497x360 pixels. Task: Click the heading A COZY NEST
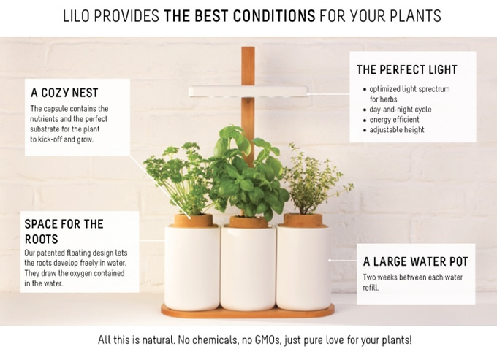coord(64,93)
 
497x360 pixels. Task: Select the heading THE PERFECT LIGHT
coord(407,69)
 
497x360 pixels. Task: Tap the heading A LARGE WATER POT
coord(415,262)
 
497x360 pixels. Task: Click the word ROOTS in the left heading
coord(41,240)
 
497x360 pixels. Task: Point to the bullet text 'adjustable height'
coord(397,130)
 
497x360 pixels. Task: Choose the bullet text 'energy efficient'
coord(394,120)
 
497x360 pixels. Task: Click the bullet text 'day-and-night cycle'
coord(401,110)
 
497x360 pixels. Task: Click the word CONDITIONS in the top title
coord(274,16)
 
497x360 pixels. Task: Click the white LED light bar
coord(248,92)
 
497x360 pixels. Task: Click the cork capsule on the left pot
coord(194,221)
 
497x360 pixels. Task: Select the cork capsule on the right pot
coord(303,221)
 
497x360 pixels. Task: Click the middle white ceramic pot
coord(248,267)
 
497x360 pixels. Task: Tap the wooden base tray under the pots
coord(248,311)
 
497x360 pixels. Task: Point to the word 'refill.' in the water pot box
coord(371,288)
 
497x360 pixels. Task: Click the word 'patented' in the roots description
coord(50,253)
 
